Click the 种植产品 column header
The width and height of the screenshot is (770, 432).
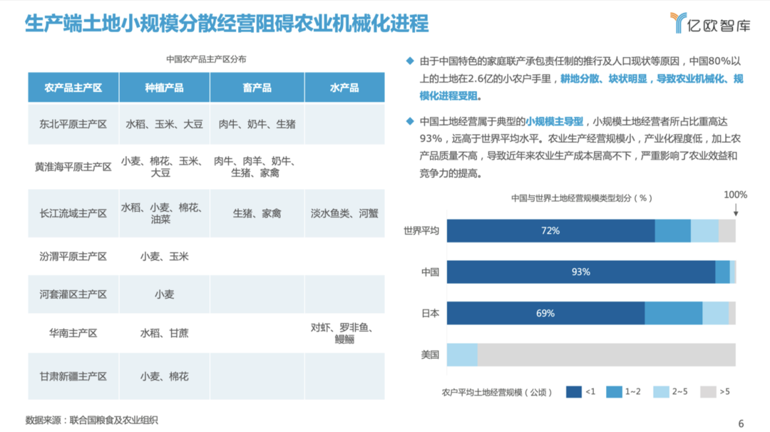[x=164, y=88]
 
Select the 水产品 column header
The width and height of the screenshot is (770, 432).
[x=344, y=88]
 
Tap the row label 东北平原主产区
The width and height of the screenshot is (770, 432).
[x=73, y=124]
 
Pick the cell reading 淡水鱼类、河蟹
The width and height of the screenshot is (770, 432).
[x=344, y=213]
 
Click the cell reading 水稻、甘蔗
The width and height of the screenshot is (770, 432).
[x=164, y=332]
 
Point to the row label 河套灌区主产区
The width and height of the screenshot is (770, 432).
[x=73, y=294]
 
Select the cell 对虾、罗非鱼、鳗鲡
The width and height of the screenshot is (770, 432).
[x=344, y=333]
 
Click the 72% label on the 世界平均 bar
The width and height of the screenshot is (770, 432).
[x=550, y=231]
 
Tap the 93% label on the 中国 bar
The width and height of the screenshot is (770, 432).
[x=580, y=272]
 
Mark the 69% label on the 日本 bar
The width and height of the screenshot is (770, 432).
[x=545, y=313]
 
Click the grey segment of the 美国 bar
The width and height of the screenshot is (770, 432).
[x=606, y=354]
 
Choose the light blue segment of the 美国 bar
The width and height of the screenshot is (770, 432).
[x=462, y=354]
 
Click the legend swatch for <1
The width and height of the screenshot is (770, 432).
[x=575, y=391]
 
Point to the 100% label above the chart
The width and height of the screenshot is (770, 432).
[x=735, y=195]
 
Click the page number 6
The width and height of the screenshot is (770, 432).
[x=741, y=423]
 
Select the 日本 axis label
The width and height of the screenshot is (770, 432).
[x=431, y=313]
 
